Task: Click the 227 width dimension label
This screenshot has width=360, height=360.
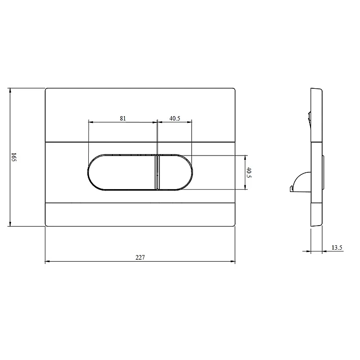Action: tap(140, 257)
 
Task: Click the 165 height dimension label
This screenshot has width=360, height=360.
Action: tap(14, 157)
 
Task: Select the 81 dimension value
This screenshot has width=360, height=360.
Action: tap(123, 118)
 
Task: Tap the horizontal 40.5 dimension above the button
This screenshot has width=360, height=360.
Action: tap(175, 118)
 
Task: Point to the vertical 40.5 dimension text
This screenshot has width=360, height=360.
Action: tap(249, 172)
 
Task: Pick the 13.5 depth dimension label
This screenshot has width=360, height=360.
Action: tap(337, 248)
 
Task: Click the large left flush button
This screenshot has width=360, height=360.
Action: tap(121, 172)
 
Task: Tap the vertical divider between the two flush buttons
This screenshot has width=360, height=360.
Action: tap(157, 172)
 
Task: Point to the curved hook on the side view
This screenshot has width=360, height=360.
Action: tap(299, 181)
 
